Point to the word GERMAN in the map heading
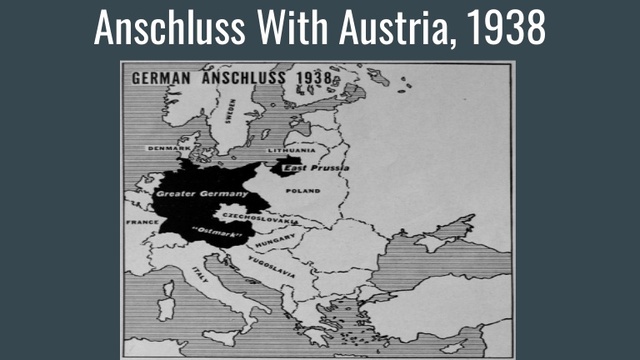(x=163, y=76)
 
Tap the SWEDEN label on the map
(x=229, y=109)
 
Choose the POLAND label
(x=303, y=190)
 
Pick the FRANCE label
(x=138, y=221)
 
